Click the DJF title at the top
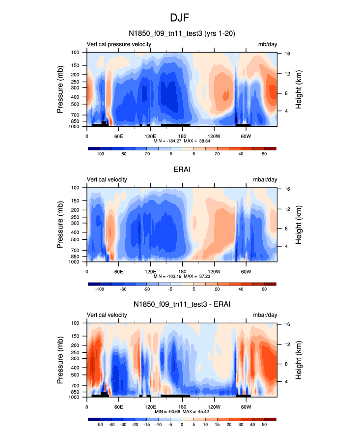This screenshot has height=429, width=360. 180,18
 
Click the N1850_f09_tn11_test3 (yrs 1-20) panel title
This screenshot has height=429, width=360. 182,34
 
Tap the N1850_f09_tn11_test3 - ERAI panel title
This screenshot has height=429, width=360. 182,305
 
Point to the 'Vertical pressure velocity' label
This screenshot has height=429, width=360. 119,44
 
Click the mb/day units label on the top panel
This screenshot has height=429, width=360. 268,44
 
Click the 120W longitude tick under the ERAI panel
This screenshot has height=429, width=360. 214,271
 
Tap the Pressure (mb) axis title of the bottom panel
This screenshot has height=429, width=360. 60,360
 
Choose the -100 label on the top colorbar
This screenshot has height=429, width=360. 100,154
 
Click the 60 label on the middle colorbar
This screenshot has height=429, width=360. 264,289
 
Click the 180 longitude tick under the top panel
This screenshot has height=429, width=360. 182,136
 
